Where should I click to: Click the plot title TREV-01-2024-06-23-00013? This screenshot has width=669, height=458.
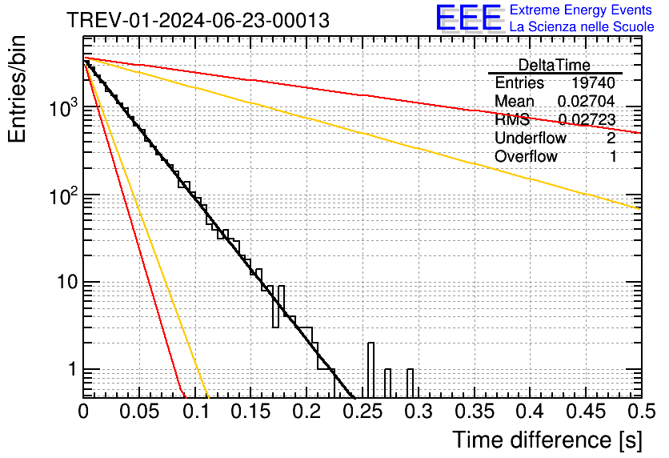pyautogui.click(x=197, y=21)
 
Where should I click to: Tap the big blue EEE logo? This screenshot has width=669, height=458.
pyautogui.click(x=468, y=18)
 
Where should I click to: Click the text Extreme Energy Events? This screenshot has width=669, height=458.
pyautogui.click(x=581, y=10)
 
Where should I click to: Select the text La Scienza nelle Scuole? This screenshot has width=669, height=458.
pyautogui.click(x=581, y=26)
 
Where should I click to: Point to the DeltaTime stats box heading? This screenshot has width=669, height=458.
pyautogui.click(x=555, y=65)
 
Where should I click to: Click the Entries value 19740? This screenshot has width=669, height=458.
pyautogui.click(x=593, y=83)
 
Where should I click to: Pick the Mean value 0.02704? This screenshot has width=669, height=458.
pyautogui.click(x=586, y=102)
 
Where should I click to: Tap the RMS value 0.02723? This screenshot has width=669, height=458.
pyautogui.click(x=586, y=120)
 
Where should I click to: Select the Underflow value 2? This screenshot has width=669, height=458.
pyautogui.click(x=611, y=139)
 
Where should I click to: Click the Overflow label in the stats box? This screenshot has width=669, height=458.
pyautogui.click(x=526, y=157)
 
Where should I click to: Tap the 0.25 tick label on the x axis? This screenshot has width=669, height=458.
pyautogui.click(x=362, y=412)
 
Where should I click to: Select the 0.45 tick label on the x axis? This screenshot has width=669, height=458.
pyautogui.click(x=584, y=412)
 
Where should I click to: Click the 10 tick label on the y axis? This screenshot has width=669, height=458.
pyautogui.click(x=64, y=282)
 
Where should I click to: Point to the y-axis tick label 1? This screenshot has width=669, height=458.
pyautogui.click(x=70, y=370)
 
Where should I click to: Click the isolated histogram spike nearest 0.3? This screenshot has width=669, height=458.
pyautogui.click(x=410, y=382)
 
